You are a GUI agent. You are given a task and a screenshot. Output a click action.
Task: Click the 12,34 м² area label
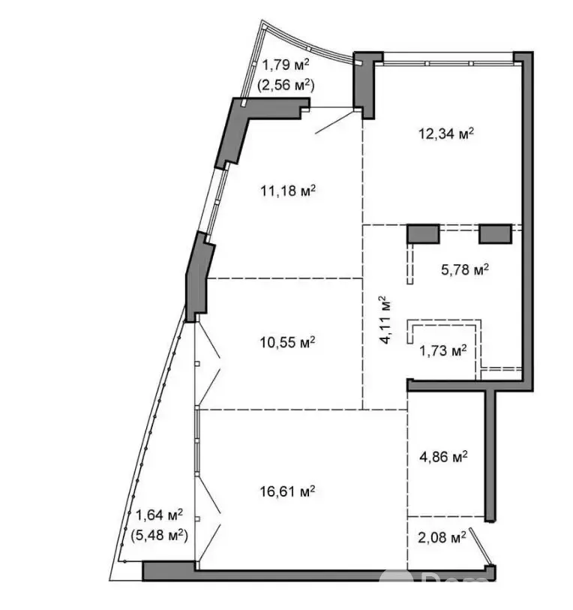point(445,134)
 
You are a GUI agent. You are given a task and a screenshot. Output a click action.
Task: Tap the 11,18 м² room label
point(287,191)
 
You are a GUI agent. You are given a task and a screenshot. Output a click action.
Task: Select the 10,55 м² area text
point(287,342)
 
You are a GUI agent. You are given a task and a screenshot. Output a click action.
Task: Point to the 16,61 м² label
point(287,491)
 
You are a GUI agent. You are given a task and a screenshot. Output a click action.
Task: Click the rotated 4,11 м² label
point(385,320)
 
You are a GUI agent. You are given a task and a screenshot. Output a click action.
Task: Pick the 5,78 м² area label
point(465,269)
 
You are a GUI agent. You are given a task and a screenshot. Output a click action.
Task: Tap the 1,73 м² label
point(443,350)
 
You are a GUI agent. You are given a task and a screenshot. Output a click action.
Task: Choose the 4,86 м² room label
point(443,456)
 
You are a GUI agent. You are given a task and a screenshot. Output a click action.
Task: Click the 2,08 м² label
point(442,538)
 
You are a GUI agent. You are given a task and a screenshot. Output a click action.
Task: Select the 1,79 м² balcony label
point(286,65)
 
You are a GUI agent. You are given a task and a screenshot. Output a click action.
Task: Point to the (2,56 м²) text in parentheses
point(286,85)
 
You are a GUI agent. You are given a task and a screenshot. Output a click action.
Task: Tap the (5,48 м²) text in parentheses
point(159,536)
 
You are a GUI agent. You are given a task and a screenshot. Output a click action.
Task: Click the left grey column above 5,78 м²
point(423,234)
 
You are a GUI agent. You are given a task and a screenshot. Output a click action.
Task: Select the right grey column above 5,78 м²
point(495,234)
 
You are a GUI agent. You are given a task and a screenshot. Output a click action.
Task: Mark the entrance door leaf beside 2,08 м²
point(481,546)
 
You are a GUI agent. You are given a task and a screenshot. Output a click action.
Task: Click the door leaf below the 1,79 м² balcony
point(336,122)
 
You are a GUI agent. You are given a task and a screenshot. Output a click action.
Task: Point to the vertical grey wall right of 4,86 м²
point(490,456)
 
